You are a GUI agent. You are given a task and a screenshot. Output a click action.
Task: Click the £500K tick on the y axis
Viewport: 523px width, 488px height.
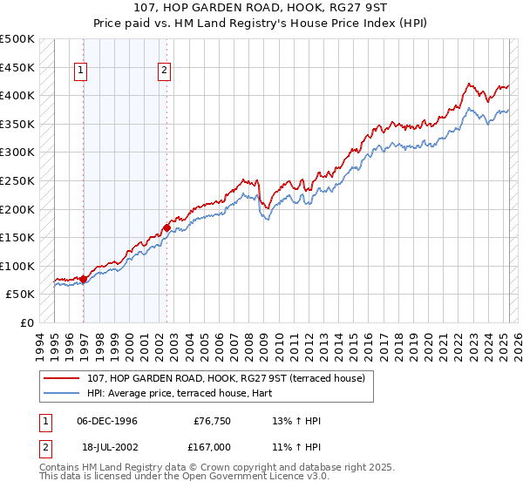click(17, 39)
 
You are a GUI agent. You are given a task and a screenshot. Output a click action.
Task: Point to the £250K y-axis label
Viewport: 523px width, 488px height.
click(17, 180)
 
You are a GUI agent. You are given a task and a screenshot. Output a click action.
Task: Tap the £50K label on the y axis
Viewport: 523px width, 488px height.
click(21, 295)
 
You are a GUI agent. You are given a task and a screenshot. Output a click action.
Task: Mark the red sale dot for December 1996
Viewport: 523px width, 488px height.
click(84, 279)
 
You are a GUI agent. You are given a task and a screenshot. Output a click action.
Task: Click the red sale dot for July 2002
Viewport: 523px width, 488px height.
click(166, 227)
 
